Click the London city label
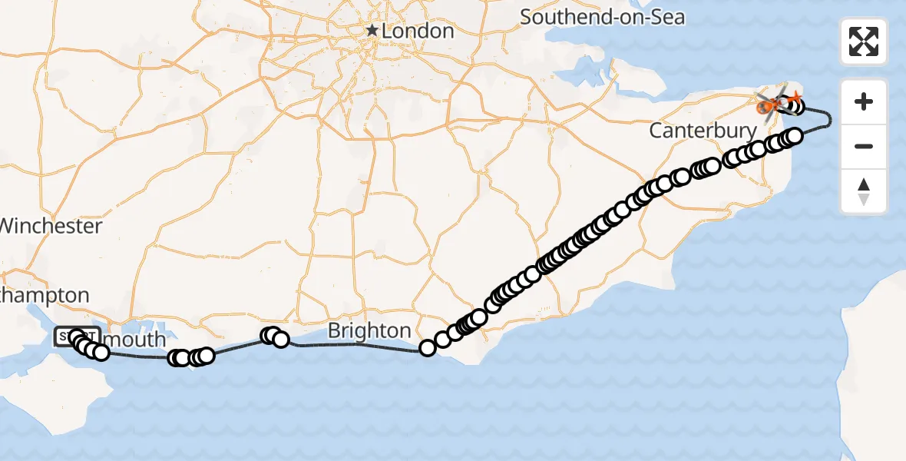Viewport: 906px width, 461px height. (418, 32)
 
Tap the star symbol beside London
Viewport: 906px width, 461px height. (372, 31)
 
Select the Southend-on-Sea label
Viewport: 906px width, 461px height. (602, 17)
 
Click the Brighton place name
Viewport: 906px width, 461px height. (369, 331)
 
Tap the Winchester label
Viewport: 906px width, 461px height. (51, 226)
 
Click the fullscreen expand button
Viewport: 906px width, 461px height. (864, 41)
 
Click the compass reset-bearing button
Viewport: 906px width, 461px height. (864, 191)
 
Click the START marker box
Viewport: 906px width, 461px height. (75, 337)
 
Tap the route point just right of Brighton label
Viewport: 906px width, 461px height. (428, 348)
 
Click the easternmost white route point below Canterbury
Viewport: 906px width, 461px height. (795, 136)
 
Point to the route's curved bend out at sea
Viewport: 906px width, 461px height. (828, 117)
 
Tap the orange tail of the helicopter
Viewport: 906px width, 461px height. (795, 97)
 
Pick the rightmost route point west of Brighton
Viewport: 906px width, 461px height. (281, 340)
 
